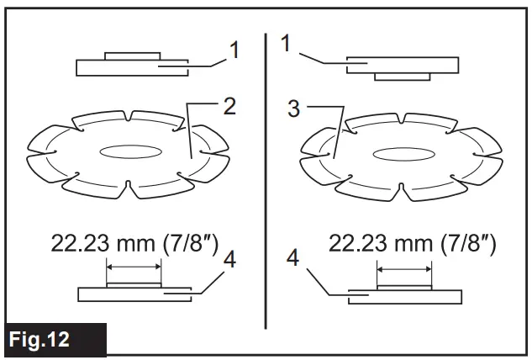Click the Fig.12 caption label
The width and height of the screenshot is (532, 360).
point(40,339)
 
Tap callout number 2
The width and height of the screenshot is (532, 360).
point(229,106)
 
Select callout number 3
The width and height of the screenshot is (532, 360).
point(294,109)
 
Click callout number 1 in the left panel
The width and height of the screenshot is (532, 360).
point(234,50)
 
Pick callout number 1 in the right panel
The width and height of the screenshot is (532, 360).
point(286,43)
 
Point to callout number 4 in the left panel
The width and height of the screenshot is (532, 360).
point(229,260)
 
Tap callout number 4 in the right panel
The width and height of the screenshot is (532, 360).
point(292,257)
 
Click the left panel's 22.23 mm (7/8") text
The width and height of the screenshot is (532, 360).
point(134,244)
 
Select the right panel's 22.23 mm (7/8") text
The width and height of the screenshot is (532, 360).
point(412,244)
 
